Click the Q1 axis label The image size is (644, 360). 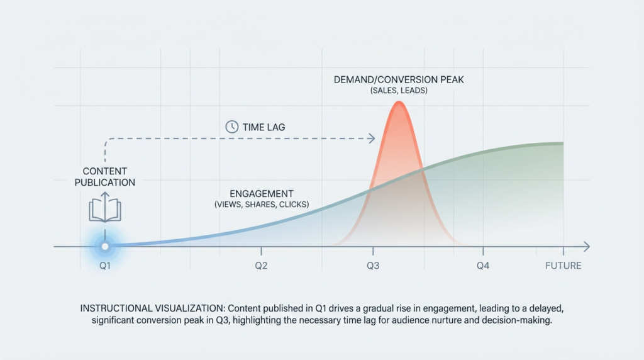(105, 266)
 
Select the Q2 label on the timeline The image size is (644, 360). (262, 266)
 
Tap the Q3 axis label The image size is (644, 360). (373, 266)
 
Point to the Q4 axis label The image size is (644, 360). (482, 266)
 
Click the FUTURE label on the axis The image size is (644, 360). (563, 266)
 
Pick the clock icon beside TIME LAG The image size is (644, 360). (231, 127)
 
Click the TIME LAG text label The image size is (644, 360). (264, 127)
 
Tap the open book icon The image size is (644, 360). (104, 208)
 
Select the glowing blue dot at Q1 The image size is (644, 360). (105, 245)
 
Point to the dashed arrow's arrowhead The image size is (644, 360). (372, 138)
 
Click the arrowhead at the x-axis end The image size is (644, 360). (586, 245)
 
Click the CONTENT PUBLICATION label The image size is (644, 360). (104, 177)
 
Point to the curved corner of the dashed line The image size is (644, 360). (107, 140)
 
